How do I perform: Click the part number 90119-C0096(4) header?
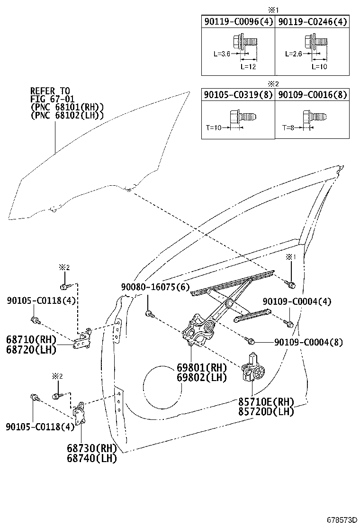point(238,22)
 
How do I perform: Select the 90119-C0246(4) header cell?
point(312,22)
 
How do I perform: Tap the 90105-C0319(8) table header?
point(238,95)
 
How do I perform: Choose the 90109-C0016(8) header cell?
point(312,95)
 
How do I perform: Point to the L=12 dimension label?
point(248,66)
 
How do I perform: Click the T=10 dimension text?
point(214,127)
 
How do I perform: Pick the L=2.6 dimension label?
point(293,54)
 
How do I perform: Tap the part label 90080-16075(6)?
point(155,287)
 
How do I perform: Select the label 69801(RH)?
point(202,367)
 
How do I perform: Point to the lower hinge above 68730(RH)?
point(79,413)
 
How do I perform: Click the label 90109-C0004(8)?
point(309,342)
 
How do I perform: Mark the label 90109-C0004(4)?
point(297,301)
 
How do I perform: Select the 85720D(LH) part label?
point(266,411)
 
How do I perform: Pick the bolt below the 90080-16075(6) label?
point(150,314)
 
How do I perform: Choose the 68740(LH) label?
point(92,458)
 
